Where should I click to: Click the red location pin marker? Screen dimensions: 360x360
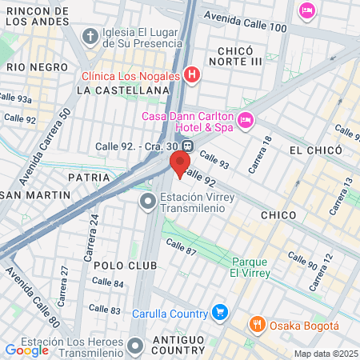[178, 164]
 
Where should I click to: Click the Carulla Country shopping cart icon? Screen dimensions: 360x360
[221, 312]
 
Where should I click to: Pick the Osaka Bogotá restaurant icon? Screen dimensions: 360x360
[257, 325]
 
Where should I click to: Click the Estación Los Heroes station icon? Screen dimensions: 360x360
[134, 346]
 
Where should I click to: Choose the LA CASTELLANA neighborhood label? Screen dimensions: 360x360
[123, 91]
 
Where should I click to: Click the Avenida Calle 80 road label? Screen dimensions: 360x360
[33, 298]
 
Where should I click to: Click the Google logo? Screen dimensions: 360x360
[27, 350]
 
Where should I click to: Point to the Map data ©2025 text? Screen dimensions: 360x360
[326, 354]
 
